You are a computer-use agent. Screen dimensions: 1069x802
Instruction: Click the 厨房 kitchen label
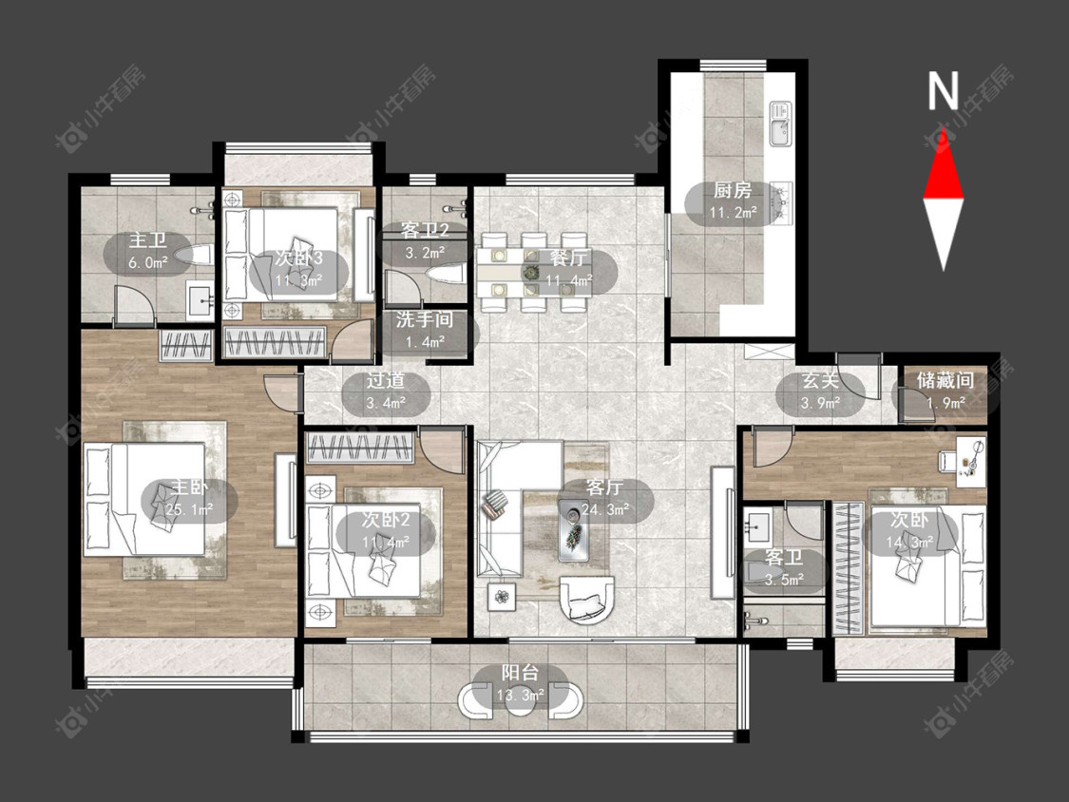[733, 190]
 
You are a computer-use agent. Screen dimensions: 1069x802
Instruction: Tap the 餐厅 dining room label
[568, 258]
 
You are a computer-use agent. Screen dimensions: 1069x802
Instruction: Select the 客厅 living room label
[604, 487]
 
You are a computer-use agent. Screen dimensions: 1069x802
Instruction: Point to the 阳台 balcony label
[520, 673]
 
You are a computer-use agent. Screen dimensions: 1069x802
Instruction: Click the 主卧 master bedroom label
[189, 487]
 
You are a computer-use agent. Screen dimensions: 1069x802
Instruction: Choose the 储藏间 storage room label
[945, 380]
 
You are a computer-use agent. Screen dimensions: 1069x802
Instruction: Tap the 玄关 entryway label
[819, 380]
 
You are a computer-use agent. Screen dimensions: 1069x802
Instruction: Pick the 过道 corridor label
[386, 380]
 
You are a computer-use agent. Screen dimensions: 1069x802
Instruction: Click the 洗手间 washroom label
[425, 320]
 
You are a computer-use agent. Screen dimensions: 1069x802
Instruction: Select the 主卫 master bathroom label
[148, 240]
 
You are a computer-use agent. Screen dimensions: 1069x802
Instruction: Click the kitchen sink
[781, 124]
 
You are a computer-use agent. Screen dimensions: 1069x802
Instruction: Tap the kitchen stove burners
[781, 201]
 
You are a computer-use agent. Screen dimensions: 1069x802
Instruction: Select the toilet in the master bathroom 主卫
[193, 256]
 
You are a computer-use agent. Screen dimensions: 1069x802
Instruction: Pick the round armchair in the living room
[587, 600]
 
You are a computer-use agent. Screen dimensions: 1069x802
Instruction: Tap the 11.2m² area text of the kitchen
[733, 213]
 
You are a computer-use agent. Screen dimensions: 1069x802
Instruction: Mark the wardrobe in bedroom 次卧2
[361, 449]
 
